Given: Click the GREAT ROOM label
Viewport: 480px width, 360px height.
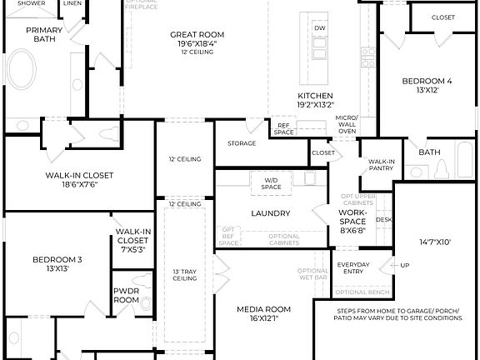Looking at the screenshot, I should point(197,35).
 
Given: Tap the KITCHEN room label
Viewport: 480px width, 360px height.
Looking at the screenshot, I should point(315,96).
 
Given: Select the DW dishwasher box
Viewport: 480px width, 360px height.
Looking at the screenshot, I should point(320,28).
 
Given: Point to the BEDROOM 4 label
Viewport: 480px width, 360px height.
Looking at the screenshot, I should point(427,82).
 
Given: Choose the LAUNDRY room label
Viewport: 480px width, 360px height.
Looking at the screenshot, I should point(270,213).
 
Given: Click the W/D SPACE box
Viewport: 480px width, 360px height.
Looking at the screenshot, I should point(272,183).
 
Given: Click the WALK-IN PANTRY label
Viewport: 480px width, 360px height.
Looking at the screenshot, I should point(382,165).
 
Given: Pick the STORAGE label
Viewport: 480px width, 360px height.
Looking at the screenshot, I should point(242,143).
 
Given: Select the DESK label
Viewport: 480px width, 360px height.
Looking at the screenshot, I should point(383,220).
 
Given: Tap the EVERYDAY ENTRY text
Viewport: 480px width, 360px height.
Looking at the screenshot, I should point(353,268).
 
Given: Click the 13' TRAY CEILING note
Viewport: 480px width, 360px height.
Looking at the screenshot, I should point(184,275).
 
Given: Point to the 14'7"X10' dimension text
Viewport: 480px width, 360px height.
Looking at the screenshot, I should point(435,242).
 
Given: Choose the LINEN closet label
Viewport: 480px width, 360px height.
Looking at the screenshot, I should point(72,3).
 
